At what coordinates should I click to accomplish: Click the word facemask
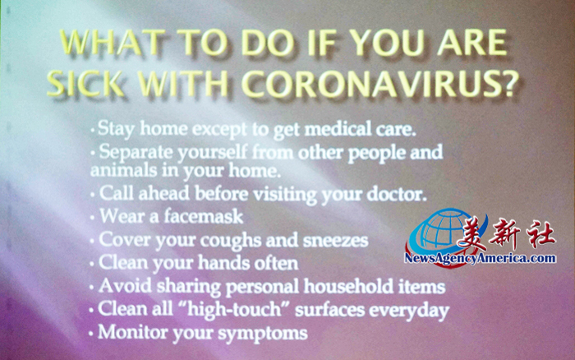click(203, 216)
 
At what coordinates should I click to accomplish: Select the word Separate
click(136, 152)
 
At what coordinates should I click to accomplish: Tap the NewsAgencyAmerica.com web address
click(480, 258)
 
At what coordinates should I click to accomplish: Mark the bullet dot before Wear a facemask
click(92, 218)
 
